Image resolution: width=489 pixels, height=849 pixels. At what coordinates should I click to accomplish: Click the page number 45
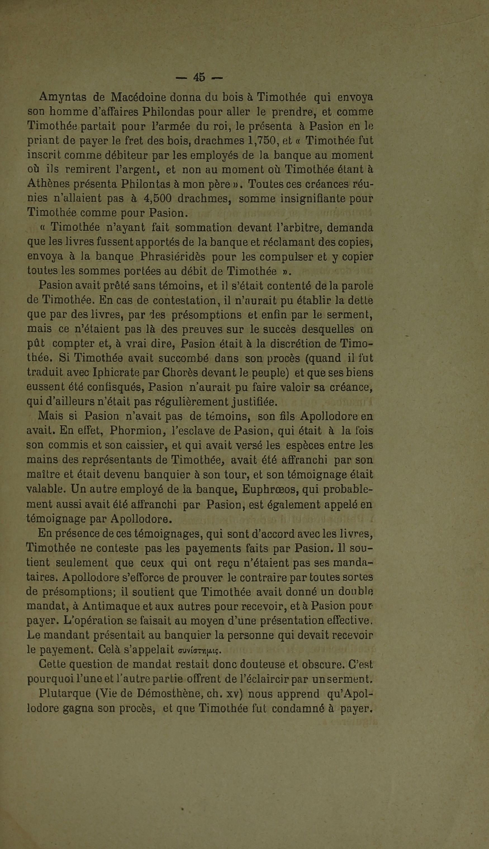point(199,78)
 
